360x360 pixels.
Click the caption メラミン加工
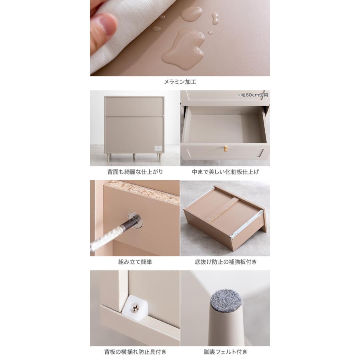(180, 82)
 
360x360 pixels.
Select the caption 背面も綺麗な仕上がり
(135, 172)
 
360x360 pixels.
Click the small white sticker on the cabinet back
(158, 148)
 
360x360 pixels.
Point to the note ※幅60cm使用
(252, 95)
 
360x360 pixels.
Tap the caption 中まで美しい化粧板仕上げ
(225, 172)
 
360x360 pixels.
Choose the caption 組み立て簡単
(135, 262)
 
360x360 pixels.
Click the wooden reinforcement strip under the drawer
(224, 210)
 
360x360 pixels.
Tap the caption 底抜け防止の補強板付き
(226, 262)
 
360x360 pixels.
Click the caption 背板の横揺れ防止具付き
(135, 352)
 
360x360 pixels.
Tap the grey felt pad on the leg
(226, 301)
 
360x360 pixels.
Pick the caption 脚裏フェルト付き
(226, 352)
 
